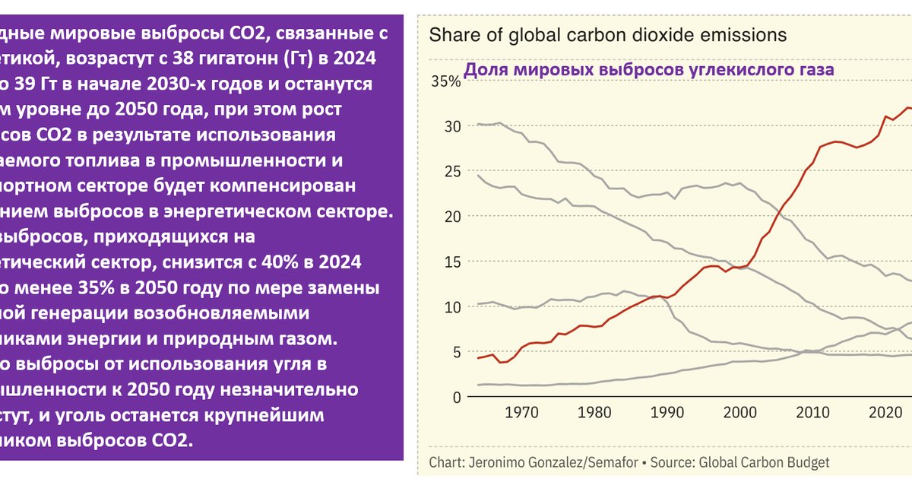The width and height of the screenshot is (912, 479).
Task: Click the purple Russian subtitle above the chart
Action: pyautogui.click(x=648, y=70)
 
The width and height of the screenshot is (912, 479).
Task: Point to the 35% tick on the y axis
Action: pyautogui.click(x=446, y=82)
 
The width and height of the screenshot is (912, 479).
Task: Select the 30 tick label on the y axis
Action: pyautogui.click(x=452, y=126)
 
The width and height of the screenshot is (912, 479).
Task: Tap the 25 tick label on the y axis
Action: pyautogui.click(x=452, y=172)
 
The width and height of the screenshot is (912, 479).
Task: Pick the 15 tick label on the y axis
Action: pyautogui.click(x=452, y=262)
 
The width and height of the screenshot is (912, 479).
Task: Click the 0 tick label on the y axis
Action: pyautogui.click(x=457, y=398)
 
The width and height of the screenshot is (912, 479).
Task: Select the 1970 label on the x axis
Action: pyautogui.click(x=522, y=414)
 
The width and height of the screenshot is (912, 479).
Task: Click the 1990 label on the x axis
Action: pyautogui.click(x=667, y=414)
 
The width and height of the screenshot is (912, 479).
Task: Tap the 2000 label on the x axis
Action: pyautogui.click(x=739, y=414)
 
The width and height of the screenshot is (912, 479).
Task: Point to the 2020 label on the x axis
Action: pyautogui.click(x=885, y=414)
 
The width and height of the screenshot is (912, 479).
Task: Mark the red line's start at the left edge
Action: pyautogui.click(x=477, y=357)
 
